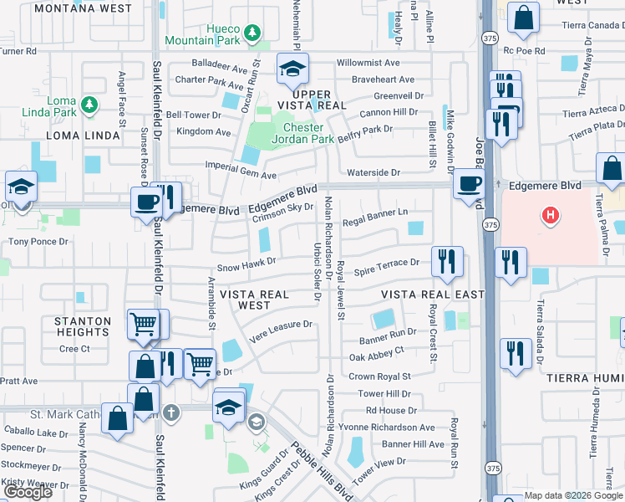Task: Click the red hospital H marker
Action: pyautogui.click(x=550, y=216)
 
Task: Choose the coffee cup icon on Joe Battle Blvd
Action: pyautogui.click(x=469, y=183)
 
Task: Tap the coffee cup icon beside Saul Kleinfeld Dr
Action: pyautogui.click(x=146, y=202)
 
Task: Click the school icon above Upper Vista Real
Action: pyautogui.click(x=293, y=69)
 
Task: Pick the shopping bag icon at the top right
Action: pyautogui.click(x=523, y=18)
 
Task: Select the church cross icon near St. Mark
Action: pyautogui.click(x=171, y=412)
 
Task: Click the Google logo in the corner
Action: pyautogui.click(x=28, y=492)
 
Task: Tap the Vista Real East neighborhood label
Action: pyautogui.click(x=432, y=295)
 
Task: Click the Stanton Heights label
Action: pyautogui.click(x=83, y=326)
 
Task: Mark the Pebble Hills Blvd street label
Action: pyautogui.click(x=322, y=470)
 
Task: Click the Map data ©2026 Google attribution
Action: pyautogui.click(x=573, y=495)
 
